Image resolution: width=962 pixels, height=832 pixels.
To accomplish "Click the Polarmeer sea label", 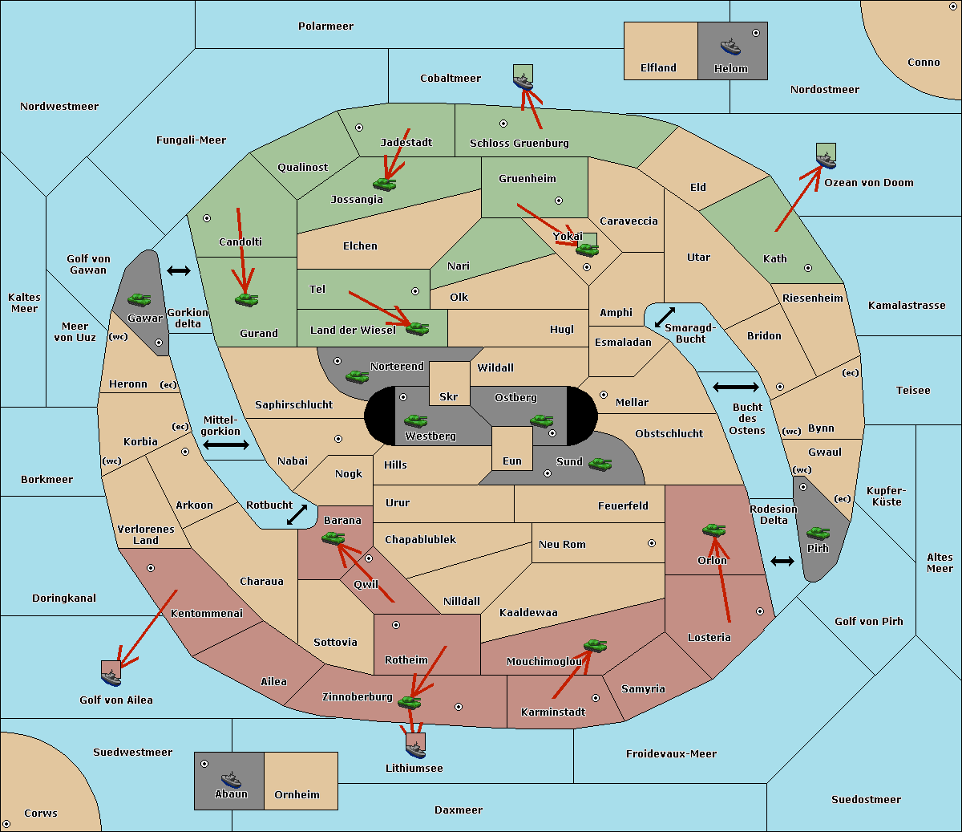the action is (x=325, y=26).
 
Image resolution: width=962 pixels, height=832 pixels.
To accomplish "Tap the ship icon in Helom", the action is (x=730, y=47).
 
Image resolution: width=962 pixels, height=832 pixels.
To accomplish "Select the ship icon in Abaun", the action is (x=231, y=779).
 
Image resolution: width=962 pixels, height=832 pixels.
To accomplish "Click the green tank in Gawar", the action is (x=139, y=299).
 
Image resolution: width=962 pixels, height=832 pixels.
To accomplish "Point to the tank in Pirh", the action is (x=818, y=533).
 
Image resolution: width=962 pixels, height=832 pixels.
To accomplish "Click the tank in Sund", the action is (x=600, y=464).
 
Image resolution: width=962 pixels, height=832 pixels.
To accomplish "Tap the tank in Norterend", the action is (x=357, y=376).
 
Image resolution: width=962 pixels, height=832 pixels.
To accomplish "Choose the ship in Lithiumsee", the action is (x=415, y=749).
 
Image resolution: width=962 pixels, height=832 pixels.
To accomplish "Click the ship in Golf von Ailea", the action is (x=111, y=677).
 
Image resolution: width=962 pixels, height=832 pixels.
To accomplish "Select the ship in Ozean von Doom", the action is (x=826, y=160).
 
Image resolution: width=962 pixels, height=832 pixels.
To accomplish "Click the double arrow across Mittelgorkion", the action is (x=226, y=444).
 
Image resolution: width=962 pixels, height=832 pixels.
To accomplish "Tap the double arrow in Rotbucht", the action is (x=297, y=515).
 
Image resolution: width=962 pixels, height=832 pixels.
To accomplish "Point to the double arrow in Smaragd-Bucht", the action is (x=665, y=317).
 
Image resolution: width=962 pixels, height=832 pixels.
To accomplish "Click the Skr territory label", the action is (x=449, y=396).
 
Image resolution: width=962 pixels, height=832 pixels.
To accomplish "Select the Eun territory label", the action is (x=512, y=461).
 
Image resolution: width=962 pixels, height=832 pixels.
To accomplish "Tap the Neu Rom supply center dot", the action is (x=652, y=543).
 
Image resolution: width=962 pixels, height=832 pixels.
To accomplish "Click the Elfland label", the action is (x=658, y=68).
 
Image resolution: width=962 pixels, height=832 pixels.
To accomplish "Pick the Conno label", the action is (x=924, y=63).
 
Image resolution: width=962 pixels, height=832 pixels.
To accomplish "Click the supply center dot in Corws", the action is (x=6, y=824).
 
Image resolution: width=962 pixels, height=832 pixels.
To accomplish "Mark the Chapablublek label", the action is (x=420, y=539).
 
